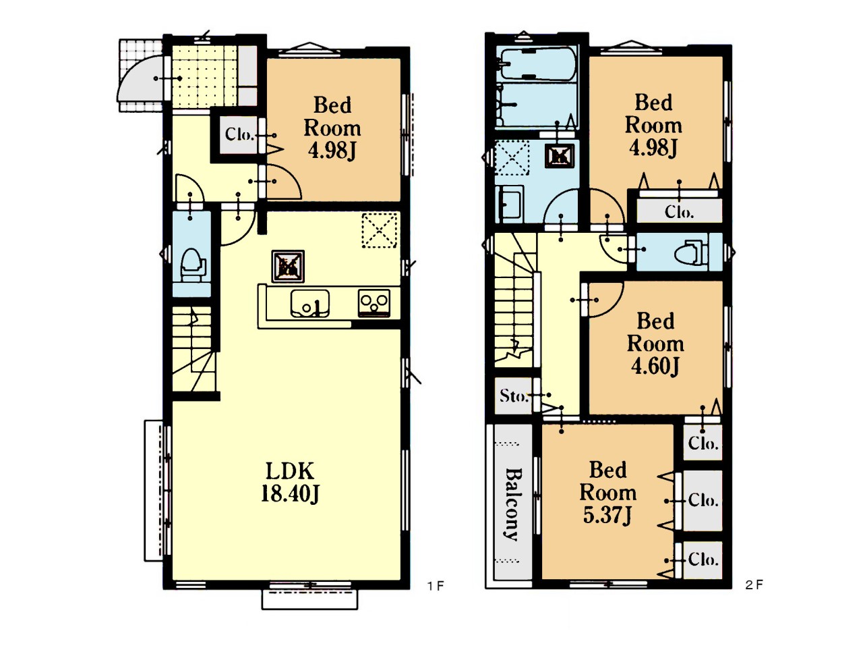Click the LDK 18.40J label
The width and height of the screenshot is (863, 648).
290,483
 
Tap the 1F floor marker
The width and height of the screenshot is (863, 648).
436,587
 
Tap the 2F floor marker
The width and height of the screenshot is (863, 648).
754,585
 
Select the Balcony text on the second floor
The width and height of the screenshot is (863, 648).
512,504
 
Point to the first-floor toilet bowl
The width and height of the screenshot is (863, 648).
192,264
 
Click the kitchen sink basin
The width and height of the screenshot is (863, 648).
310,303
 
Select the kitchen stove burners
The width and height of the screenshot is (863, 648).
374,303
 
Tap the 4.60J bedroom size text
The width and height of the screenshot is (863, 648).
655,367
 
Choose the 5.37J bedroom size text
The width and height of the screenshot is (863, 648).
607,515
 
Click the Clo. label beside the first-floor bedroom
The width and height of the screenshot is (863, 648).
239,135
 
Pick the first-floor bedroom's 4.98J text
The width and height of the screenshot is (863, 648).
332,151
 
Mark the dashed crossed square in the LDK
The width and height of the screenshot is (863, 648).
380,231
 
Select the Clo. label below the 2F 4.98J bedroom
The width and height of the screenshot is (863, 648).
679,213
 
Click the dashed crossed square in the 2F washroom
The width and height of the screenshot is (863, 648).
512,158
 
